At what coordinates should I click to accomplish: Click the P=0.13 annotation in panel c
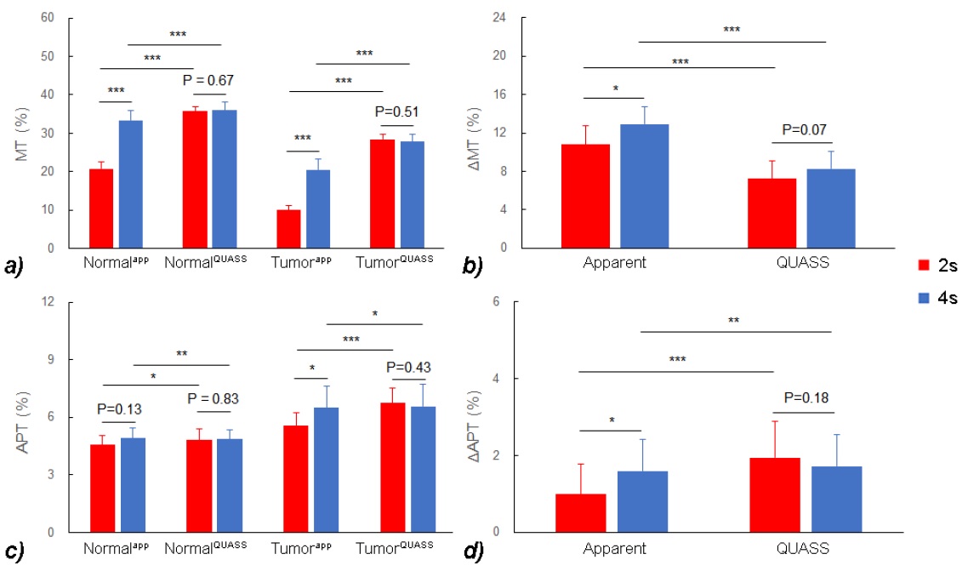(119, 409)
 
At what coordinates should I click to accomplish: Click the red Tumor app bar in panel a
(288, 228)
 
